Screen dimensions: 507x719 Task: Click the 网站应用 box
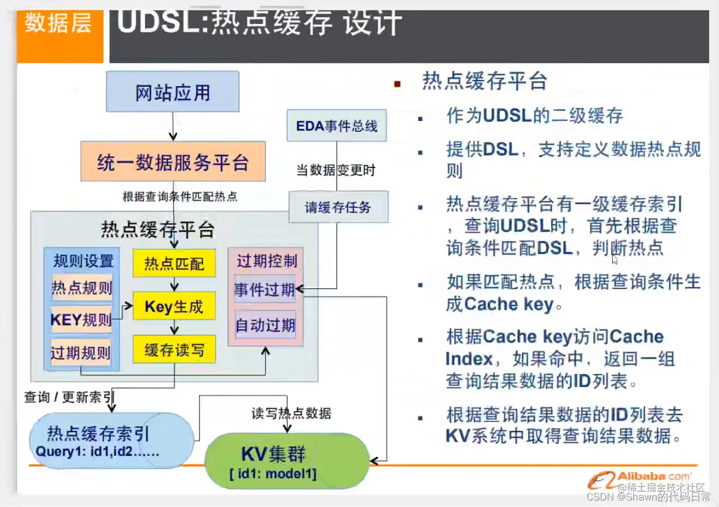[172, 92]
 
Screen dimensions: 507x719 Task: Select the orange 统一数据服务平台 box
[173, 162]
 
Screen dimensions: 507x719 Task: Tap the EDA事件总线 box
[336, 126]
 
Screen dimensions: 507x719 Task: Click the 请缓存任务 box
[338, 207]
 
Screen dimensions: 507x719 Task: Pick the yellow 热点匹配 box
[174, 264]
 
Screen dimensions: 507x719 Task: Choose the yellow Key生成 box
[174, 306]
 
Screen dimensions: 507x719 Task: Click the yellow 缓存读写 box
[174, 349]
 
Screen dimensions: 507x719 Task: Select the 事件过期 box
[264, 289]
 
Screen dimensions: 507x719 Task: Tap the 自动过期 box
[265, 325]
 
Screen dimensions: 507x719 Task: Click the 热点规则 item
[82, 288]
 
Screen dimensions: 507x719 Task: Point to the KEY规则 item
[81, 319]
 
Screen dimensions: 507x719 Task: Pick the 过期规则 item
[81, 353]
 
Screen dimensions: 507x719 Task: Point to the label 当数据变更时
[336, 171]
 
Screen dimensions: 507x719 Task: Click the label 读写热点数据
[291, 413]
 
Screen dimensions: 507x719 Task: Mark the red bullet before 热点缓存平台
[397, 84]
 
